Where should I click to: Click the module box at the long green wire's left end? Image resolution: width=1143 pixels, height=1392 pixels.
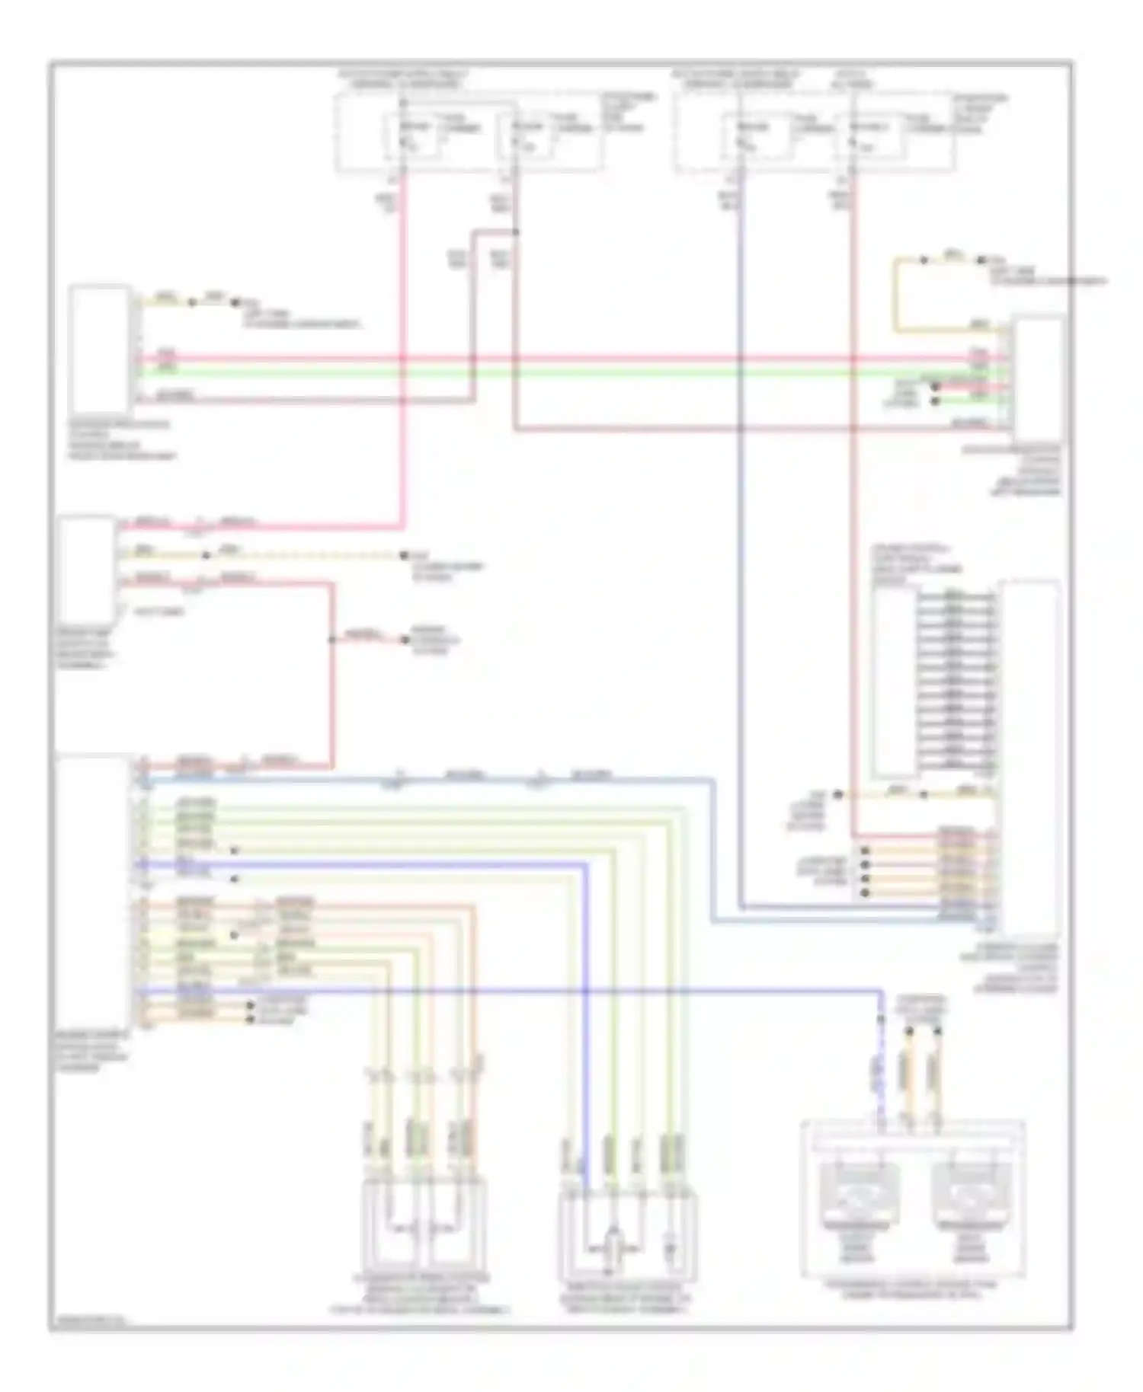pyautogui.click(x=99, y=349)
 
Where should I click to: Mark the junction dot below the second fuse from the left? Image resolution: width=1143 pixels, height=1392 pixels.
pyautogui.click(x=515, y=231)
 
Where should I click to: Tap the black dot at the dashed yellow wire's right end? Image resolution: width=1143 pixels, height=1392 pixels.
pyautogui.click(x=405, y=555)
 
